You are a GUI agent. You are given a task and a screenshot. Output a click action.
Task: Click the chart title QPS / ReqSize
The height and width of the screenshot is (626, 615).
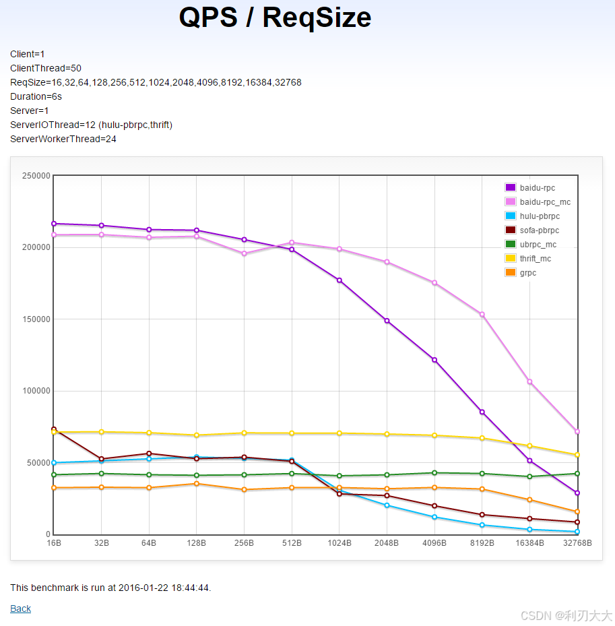point(275,18)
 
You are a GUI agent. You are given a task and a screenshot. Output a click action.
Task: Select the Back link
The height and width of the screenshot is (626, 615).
point(20,608)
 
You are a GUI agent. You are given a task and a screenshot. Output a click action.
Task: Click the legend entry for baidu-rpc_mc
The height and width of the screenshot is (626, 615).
point(538,202)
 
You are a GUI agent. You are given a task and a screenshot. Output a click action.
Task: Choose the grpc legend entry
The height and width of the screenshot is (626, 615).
point(521,273)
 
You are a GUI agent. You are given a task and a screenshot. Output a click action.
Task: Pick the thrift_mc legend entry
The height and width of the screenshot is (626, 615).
point(528,259)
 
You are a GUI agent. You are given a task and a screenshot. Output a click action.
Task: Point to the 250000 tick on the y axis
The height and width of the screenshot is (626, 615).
point(36,176)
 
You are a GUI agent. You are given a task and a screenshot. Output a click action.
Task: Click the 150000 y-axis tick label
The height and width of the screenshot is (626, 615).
point(36,319)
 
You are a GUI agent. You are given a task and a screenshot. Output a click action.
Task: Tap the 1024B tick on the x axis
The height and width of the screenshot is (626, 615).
point(339,543)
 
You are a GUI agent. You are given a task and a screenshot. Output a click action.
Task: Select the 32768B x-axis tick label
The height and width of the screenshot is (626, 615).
point(577,543)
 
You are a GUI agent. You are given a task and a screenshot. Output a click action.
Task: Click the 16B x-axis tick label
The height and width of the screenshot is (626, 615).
point(54,543)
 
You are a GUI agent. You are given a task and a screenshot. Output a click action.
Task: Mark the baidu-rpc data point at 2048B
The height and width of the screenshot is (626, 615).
point(387,321)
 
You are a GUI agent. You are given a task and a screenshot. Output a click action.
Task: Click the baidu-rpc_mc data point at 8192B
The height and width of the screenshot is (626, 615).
point(482,315)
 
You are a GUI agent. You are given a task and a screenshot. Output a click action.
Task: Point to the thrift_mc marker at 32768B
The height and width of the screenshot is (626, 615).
point(577,455)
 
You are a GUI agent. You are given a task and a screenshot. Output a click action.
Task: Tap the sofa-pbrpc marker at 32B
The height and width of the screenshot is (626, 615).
point(101,459)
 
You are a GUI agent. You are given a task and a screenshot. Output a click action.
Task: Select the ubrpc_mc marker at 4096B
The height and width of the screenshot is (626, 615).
point(434,472)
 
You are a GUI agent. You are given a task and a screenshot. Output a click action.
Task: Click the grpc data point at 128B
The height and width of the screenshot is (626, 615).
point(196,483)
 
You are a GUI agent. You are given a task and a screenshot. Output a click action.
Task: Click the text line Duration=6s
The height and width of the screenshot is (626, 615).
point(36,96)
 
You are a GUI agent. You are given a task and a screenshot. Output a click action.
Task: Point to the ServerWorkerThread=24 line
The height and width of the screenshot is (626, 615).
point(63,139)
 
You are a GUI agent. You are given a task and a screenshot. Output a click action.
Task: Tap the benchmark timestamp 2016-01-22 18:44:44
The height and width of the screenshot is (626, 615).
point(164,588)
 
